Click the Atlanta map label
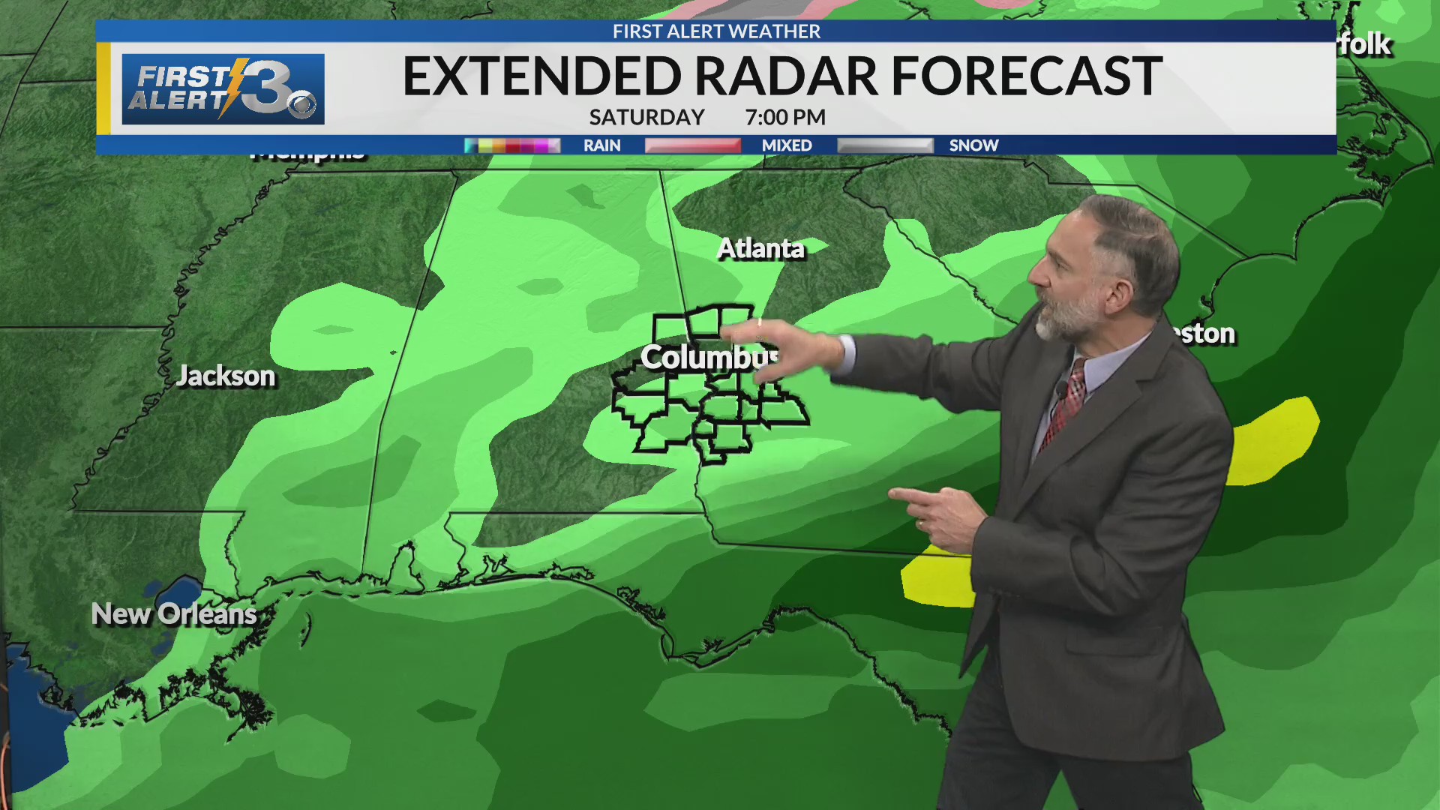tap(760, 248)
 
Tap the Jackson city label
tap(226, 376)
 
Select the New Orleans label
tap(174, 614)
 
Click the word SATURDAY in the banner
tap(646, 118)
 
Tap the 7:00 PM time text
tap(785, 118)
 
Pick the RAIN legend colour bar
tap(512, 145)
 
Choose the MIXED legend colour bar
tap(693, 145)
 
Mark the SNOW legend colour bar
tap(885, 145)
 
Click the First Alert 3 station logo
tap(223, 89)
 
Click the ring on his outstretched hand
tap(759, 322)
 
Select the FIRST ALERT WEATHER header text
tap(716, 31)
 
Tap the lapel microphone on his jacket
tap(1062, 389)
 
